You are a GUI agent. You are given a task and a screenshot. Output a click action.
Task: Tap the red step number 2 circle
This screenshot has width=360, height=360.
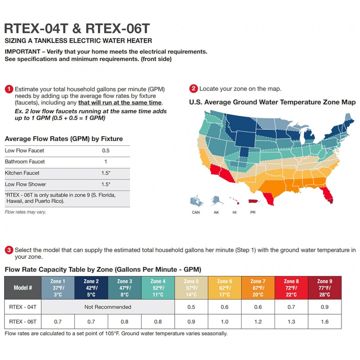194,89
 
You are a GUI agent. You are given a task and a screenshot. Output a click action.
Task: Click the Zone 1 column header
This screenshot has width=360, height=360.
58,288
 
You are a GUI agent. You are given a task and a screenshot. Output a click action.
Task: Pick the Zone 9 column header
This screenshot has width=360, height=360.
324,288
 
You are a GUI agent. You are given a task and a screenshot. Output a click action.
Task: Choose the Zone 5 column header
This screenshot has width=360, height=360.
191,288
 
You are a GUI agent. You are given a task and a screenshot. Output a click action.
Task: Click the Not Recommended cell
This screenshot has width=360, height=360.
108,307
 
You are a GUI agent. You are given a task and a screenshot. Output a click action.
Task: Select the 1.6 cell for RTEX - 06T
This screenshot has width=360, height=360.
324,321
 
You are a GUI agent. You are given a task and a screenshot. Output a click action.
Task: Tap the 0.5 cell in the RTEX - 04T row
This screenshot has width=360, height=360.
191,307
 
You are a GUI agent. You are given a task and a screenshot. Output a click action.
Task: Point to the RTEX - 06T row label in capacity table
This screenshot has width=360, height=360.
23,321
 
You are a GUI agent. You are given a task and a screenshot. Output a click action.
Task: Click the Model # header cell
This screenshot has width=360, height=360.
23,288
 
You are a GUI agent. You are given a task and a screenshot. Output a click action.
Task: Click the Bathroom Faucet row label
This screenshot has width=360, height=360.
25,162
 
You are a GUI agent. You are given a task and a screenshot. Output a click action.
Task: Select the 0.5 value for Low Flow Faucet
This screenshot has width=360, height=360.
105,150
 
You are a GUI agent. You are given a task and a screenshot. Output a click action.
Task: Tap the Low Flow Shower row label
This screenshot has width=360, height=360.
25,184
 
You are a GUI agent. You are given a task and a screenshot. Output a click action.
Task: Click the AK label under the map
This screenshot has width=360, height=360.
216,212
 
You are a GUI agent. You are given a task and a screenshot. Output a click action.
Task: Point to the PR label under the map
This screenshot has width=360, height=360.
253,212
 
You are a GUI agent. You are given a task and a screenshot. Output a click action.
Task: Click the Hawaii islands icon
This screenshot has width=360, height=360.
234,201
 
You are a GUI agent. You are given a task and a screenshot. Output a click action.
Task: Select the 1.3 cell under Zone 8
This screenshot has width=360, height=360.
291,321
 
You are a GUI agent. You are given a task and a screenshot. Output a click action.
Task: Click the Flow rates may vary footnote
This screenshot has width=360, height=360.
25,212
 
